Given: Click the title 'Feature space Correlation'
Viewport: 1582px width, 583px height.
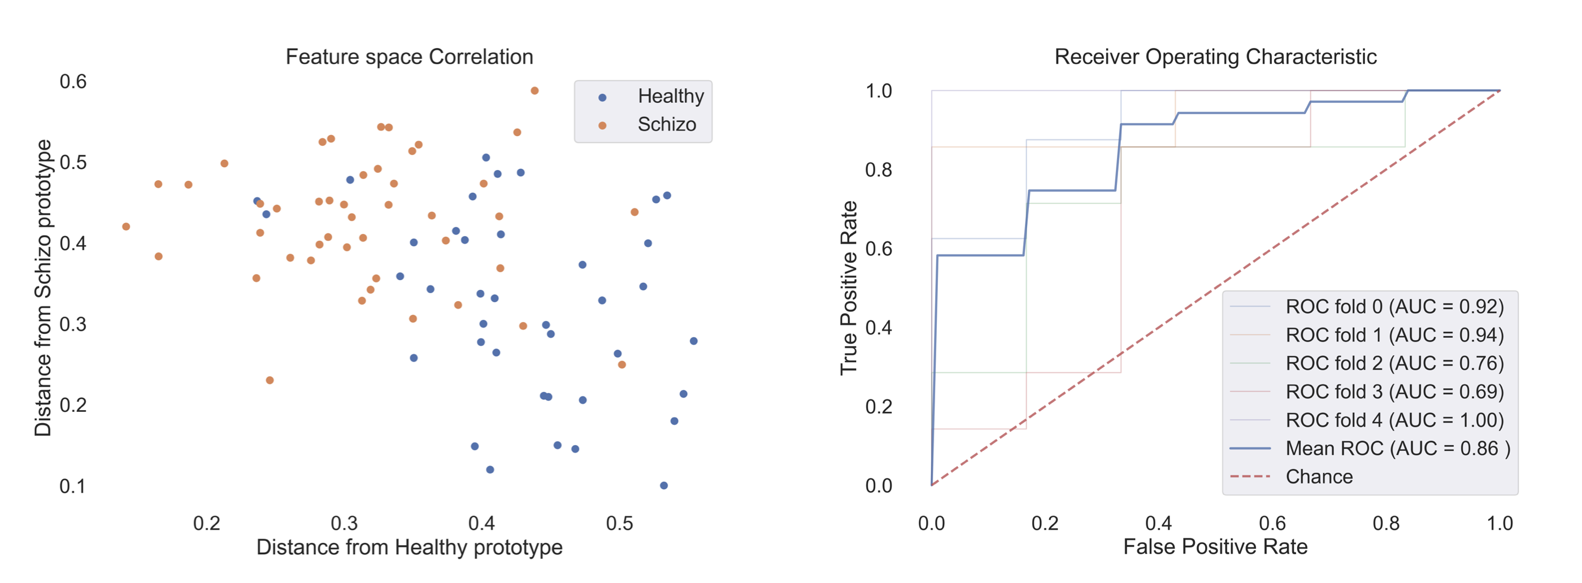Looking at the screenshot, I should tap(409, 57).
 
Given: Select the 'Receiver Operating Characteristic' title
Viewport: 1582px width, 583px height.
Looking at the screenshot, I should tap(1215, 57).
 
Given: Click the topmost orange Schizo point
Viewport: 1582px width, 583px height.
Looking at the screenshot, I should tap(534, 91).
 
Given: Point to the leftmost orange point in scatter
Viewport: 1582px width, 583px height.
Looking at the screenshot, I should tap(126, 227).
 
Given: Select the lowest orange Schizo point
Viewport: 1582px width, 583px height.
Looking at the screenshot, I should tap(270, 380).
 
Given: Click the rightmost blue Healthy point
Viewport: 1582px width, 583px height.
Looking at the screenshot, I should tap(693, 341).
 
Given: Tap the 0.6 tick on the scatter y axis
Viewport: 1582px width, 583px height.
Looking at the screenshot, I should tap(73, 82).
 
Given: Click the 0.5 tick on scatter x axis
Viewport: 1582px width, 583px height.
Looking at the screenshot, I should tap(619, 524).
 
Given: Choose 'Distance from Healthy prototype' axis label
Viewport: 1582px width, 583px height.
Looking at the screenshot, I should tap(409, 547).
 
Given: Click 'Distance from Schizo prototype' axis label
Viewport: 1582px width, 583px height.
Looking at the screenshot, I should tap(43, 288).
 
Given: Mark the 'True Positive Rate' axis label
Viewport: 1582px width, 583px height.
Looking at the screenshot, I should tap(848, 288).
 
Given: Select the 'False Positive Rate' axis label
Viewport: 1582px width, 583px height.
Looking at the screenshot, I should tap(1215, 547).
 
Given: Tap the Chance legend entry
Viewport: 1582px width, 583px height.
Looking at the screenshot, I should tap(1319, 477).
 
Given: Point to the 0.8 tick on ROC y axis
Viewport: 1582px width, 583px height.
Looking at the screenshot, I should tap(878, 170).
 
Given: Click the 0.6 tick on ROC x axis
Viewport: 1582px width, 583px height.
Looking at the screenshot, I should tap(1272, 524).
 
